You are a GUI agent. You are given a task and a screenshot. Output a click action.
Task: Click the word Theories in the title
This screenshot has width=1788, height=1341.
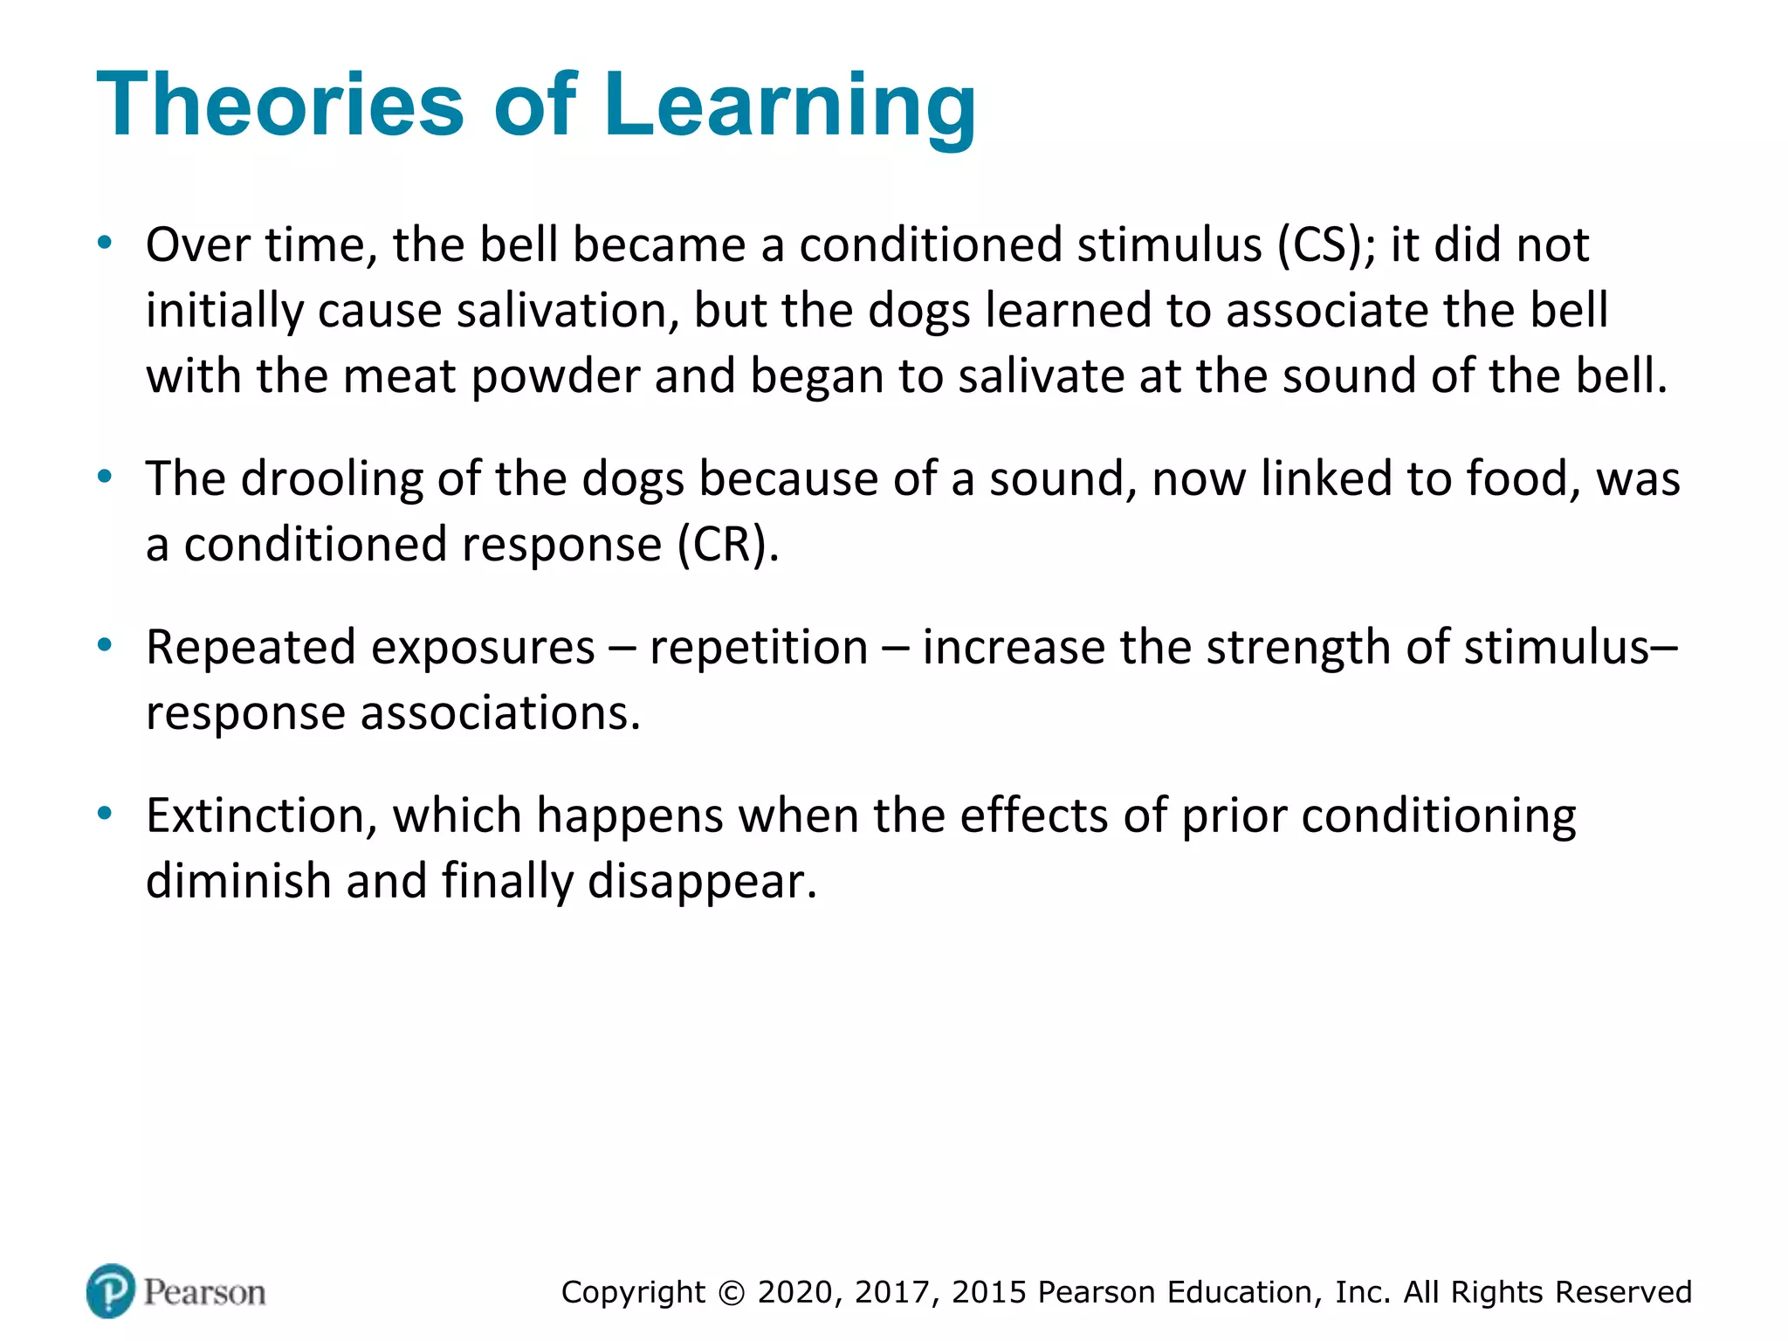280,105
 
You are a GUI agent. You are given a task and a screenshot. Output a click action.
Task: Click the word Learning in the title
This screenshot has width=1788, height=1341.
789,107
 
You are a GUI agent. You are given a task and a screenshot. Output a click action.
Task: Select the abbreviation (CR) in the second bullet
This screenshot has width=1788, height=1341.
728,545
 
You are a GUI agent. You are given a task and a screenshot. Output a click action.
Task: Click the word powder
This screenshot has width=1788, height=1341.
555,377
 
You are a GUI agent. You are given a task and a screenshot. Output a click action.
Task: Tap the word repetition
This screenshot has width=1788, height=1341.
759,648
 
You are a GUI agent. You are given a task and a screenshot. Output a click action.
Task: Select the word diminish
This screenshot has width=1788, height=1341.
237,881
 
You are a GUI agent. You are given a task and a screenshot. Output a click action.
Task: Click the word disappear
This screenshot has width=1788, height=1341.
702,883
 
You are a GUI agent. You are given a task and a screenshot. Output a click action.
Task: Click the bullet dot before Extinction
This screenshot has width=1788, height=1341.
105,814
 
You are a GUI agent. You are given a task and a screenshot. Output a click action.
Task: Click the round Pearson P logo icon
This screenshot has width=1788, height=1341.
111,1290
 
